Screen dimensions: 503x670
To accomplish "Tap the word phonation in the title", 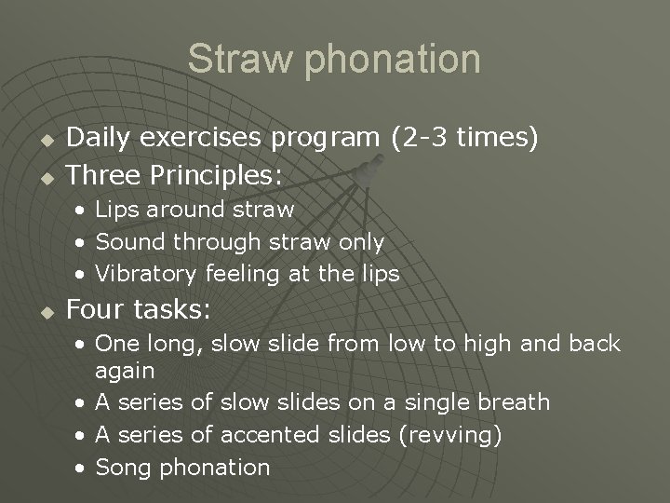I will (x=389, y=59).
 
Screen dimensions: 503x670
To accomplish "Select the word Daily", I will (x=99, y=139).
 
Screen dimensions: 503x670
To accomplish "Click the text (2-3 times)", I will (x=463, y=139).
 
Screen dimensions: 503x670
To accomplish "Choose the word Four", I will (x=97, y=308).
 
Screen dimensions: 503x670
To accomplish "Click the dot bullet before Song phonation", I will (x=83, y=467).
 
